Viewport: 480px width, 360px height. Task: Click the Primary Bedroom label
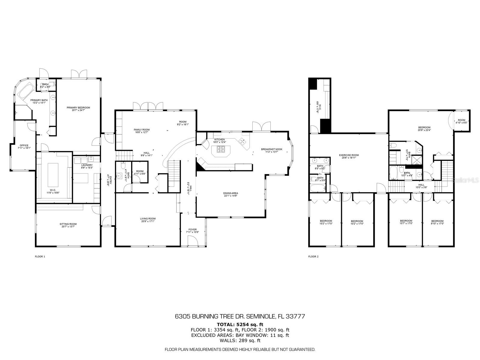[78, 109]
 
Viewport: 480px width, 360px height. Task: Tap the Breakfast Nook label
[271, 150]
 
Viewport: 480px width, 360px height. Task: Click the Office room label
[24, 147]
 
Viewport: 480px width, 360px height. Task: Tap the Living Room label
[148, 220]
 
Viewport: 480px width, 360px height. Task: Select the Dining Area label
[231, 194]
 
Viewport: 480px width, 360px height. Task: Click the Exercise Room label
[349, 156]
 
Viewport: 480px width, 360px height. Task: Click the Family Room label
[142, 131]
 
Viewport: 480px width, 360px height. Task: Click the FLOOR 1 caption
[40, 256]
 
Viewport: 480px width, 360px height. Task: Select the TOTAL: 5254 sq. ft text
[240, 324]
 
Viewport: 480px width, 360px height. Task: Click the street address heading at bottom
[240, 316]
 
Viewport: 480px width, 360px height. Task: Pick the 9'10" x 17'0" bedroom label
[437, 222]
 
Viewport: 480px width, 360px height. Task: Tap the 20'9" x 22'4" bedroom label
[424, 129]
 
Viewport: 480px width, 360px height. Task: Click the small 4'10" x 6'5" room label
[461, 121]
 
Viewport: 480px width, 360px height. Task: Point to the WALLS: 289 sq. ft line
[240, 340]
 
